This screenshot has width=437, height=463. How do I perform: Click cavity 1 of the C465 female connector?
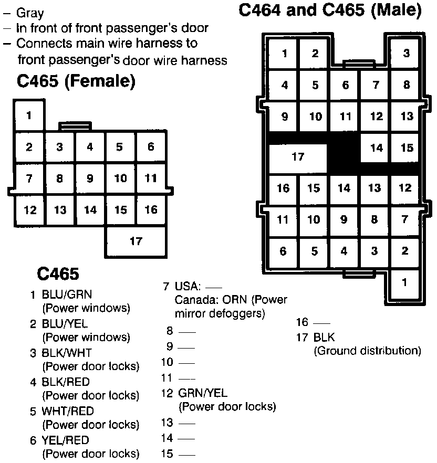[x=28, y=115]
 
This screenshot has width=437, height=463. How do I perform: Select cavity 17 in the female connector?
[x=136, y=241]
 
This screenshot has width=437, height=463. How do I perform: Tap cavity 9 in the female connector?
[x=90, y=178]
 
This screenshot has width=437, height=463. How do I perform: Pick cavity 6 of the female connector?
[x=151, y=148]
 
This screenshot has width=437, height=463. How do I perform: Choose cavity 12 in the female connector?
[x=29, y=210]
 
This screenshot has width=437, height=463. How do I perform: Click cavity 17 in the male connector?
[x=298, y=157]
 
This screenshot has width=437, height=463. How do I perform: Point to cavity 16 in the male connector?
[x=284, y=188]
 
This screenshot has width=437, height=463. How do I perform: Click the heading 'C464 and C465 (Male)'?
[x=330, y=10]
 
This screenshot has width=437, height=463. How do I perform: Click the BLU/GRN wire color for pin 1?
[x=67, y=296]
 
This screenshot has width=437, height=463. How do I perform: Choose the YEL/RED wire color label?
[x=66, y=440]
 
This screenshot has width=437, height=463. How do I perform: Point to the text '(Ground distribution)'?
[x=367, y=351]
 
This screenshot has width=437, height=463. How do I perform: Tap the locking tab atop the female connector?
[x=75, y=126]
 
